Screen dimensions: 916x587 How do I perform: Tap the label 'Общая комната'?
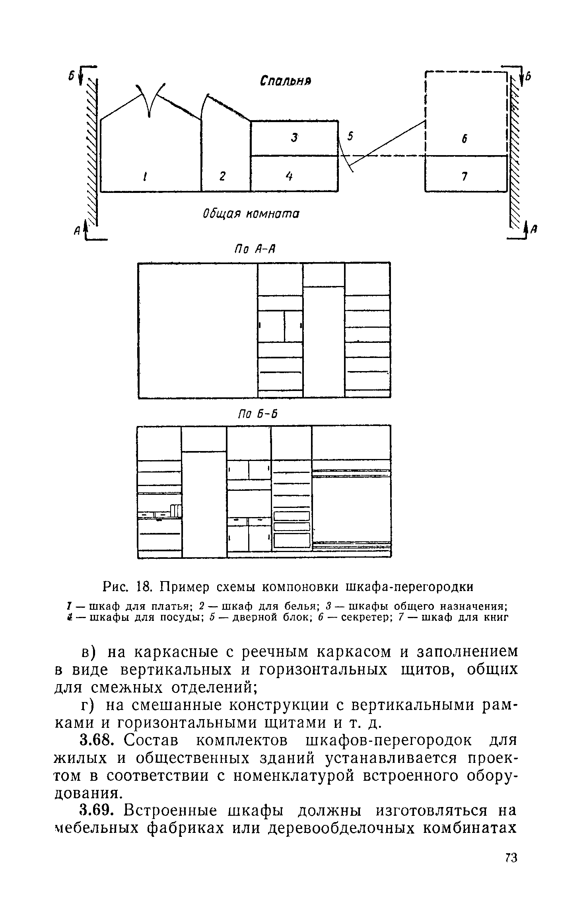251,214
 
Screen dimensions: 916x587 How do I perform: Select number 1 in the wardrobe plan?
146,175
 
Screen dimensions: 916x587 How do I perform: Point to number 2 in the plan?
222,175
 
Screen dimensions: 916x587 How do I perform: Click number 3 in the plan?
294,138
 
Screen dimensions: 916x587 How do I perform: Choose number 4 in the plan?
290,175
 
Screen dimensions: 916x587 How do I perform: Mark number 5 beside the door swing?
350,136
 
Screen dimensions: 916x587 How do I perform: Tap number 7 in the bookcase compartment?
464,175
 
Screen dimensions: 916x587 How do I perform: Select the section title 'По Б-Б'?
257,414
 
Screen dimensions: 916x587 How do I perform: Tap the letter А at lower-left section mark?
78,229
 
